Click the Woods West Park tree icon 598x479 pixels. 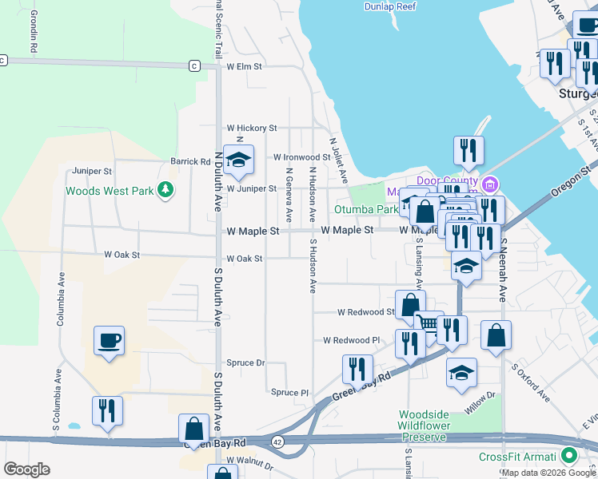point(165,190)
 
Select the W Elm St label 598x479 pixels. point(245,67)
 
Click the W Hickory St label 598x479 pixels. point(251,128)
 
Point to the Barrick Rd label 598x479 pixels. point(190,161)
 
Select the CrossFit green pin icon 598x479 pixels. point(569,457)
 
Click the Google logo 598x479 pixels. point(27,469)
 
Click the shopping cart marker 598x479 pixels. point(429,323)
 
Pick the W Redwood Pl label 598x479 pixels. point(352,340)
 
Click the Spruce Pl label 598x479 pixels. point(289,393)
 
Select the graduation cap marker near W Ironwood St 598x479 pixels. point(238,160)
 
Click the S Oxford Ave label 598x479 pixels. point(531,384)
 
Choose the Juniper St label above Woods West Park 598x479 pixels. point(91,171)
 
